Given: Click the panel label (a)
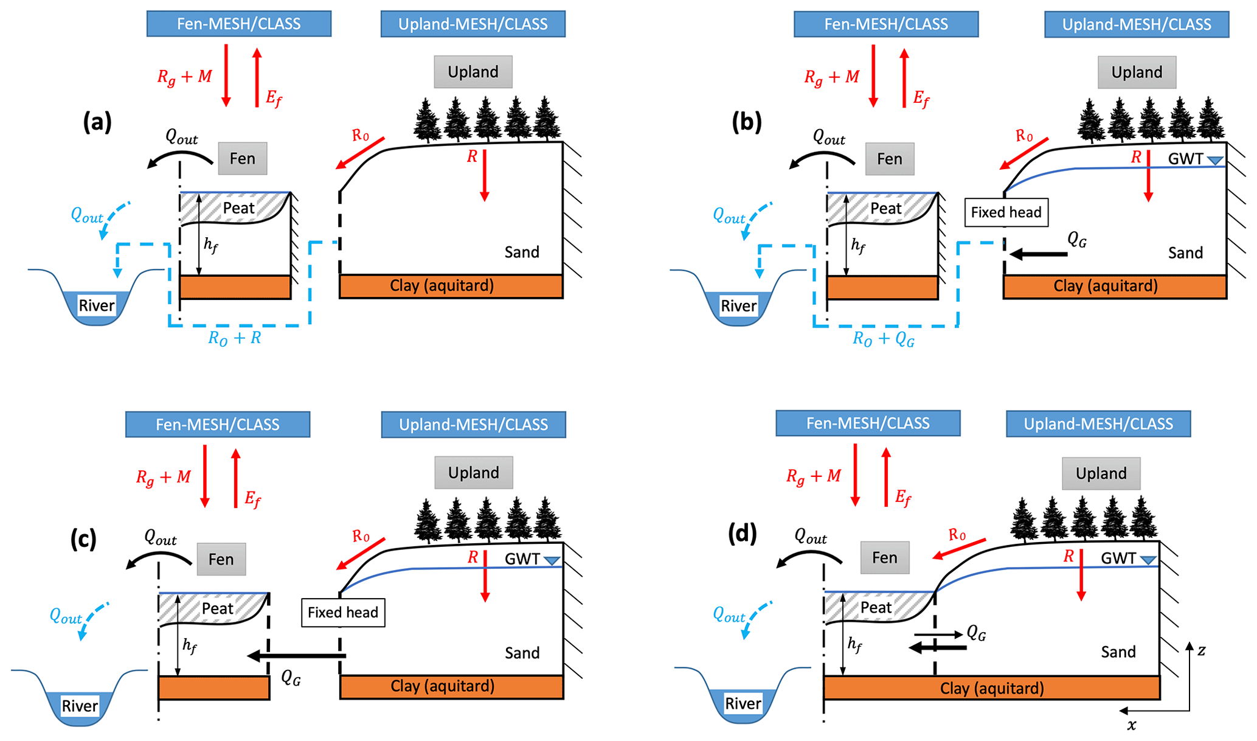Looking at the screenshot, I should point(97,123).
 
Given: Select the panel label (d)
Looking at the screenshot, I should point(743,534).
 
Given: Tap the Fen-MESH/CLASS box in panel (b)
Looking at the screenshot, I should point(886,24).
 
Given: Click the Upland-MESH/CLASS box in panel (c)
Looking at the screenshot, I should point(473,425).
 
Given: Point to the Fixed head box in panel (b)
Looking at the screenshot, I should point(1006,212).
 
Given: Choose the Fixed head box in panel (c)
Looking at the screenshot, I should point(343,613).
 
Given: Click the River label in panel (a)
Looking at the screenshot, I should point(97,305).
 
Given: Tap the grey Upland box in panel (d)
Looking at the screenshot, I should point(1101,473).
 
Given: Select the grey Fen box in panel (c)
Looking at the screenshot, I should point(221,559).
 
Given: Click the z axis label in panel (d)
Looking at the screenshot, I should point(1201,650).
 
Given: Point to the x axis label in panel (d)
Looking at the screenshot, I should point(1131,725).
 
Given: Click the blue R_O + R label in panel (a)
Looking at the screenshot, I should point(235,338).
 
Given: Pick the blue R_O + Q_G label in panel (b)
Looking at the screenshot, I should point(883,339).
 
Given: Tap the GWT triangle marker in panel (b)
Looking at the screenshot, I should point(1214,161).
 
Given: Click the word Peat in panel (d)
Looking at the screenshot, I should point(876,607).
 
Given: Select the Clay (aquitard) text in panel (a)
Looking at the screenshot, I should point(442,285).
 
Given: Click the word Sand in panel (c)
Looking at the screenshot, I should point(522,653).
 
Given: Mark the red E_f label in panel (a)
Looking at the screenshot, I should point(274,99).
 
